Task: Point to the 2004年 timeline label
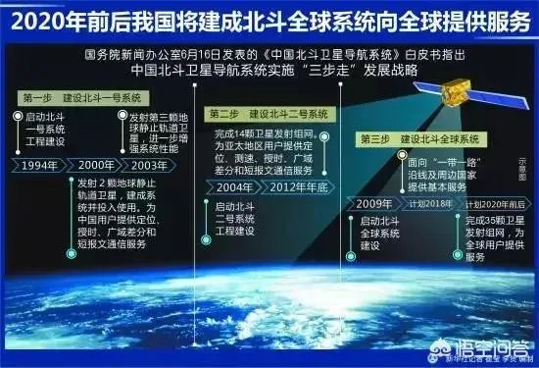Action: pos(234,187)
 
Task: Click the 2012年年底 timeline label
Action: pos(297,187)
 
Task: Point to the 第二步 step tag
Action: pos(224,115)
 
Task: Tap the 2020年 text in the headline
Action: pos(44,19)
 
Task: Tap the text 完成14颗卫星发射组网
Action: pos(270,133)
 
